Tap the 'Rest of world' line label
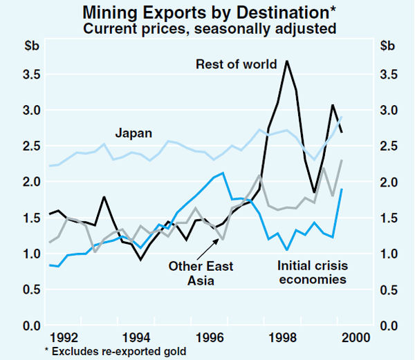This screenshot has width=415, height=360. [x=237, y=64]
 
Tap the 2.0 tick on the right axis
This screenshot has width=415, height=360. [x=388, y=182]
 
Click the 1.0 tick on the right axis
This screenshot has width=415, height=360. [x=388, y=254]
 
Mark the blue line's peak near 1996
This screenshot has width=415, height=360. [x=223, y=173]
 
